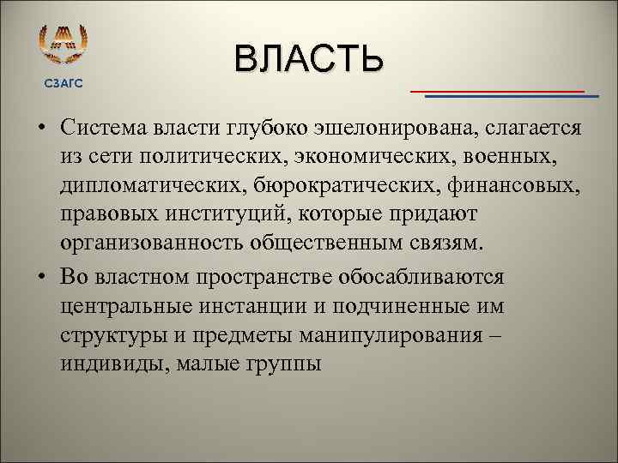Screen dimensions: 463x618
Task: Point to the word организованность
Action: point(149,242)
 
